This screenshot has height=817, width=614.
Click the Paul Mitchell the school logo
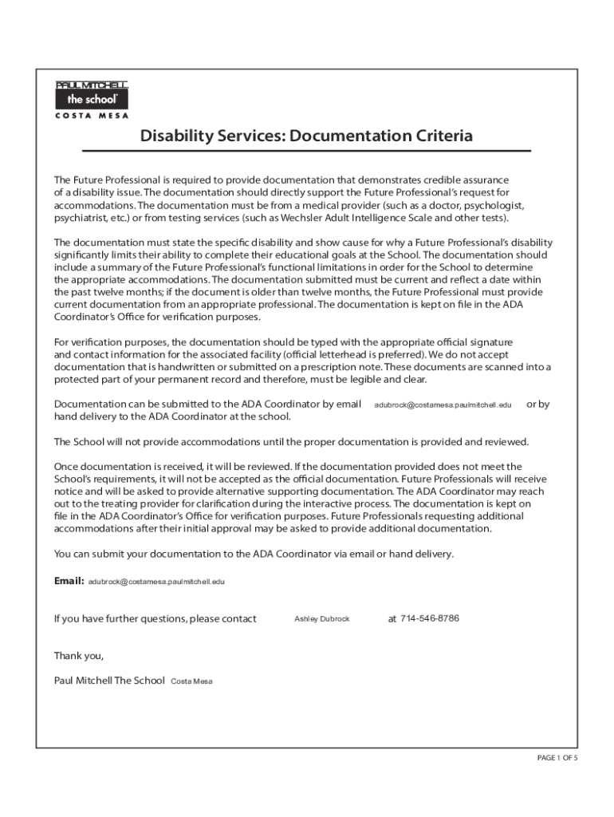coord(91,95)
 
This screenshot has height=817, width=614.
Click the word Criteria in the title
coord(437,136)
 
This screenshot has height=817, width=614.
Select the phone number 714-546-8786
coord(429,618)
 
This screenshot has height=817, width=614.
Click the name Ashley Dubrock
coord(322,619)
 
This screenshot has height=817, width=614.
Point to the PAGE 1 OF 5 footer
coord(557,758)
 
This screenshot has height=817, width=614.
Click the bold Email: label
coord(69,581)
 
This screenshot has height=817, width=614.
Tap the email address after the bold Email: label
coord(156,582)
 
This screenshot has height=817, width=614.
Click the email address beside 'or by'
coord(443,405)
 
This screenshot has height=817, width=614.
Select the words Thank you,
coord(78,656)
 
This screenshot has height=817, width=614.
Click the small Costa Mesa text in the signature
coord(191,681)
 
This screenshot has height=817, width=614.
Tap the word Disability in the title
coord(175,136)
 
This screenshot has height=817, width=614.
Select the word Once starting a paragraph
coord(68,466)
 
